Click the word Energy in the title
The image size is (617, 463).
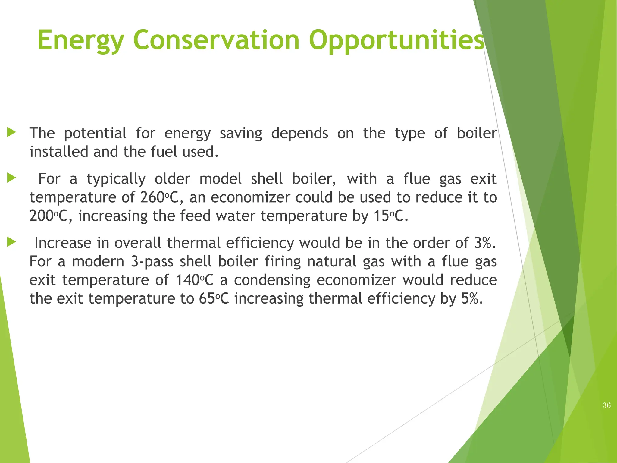point(80,40)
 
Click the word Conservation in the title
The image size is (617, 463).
point(216,40)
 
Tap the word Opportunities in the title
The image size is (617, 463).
point(396,40)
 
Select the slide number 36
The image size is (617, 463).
point(606,405)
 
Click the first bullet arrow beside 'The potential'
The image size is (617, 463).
point(11,132)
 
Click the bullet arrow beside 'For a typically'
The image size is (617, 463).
point(11,178)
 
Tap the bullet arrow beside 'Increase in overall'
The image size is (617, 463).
point(11,242)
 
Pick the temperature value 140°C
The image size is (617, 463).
point(194,280)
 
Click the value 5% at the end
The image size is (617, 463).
point(471,298)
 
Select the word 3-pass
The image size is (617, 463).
point(152,262)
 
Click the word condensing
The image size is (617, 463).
point(272,280)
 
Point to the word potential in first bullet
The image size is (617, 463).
point(95,133)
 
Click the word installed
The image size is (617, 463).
point(59,152)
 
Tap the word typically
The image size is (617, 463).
point(116,179)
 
